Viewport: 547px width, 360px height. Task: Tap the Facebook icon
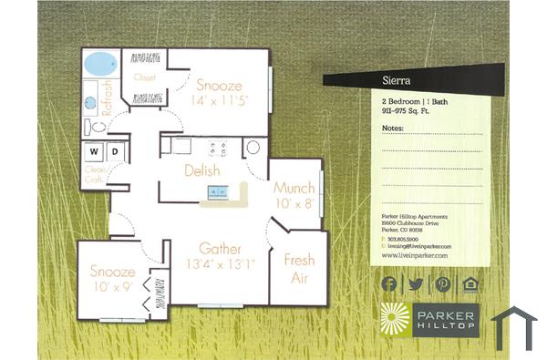pyautogui.click(x=389, y=283)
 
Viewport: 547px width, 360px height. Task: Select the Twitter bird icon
pyautogui.click(x=416, y=283)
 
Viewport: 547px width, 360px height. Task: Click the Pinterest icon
pyautogui.click(x=443, y=283)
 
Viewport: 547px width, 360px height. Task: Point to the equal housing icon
pyautogui.click(x=470, y=283)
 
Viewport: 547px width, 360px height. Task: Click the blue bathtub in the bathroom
pyautogui.click(x=99, y=65)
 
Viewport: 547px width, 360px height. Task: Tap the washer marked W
pyautogui.click(x=93, y=150)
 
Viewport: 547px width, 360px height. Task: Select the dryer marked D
pyautogui.click(x=116, y=150)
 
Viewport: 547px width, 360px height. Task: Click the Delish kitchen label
pyautogui.click(x=201, y=170)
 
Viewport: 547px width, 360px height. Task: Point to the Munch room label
pyautogui.click(x=294, y=188)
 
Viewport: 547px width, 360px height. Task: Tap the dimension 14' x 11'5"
pyautogui.click(x=219, y=100)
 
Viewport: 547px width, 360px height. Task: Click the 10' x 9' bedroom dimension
pyautogui.click(x=112, y=287)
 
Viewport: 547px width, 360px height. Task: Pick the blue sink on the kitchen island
pyautogui.click(x=217, y=190)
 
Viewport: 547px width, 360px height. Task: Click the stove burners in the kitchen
pyautogui.click(x=217, y=147)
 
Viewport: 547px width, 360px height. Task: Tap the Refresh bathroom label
pyautogui.click(x=108, y=95)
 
